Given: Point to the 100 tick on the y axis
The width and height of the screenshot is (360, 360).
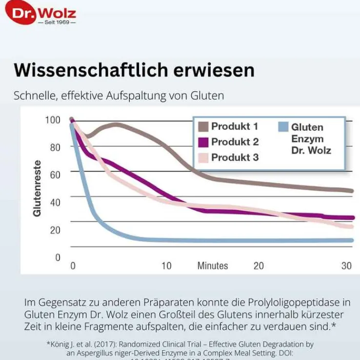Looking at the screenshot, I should (54, 120).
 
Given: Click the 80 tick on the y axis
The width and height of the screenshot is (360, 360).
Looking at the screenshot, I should (55, 147).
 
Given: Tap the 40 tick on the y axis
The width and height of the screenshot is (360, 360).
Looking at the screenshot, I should (55, 202).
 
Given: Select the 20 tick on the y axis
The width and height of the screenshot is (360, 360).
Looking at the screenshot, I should (55, 230).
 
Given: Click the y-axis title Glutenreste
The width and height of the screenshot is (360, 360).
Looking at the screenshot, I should (37, 187).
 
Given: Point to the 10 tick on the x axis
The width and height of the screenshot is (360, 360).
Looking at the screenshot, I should (166, 266).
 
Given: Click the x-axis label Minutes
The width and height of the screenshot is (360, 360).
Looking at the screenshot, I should (212, 266).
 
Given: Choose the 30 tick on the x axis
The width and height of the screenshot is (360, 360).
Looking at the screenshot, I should (346, 266).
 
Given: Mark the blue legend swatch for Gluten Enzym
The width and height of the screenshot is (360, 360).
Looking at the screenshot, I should (282, 127).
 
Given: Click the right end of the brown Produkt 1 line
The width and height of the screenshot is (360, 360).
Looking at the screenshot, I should (352, 191).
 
